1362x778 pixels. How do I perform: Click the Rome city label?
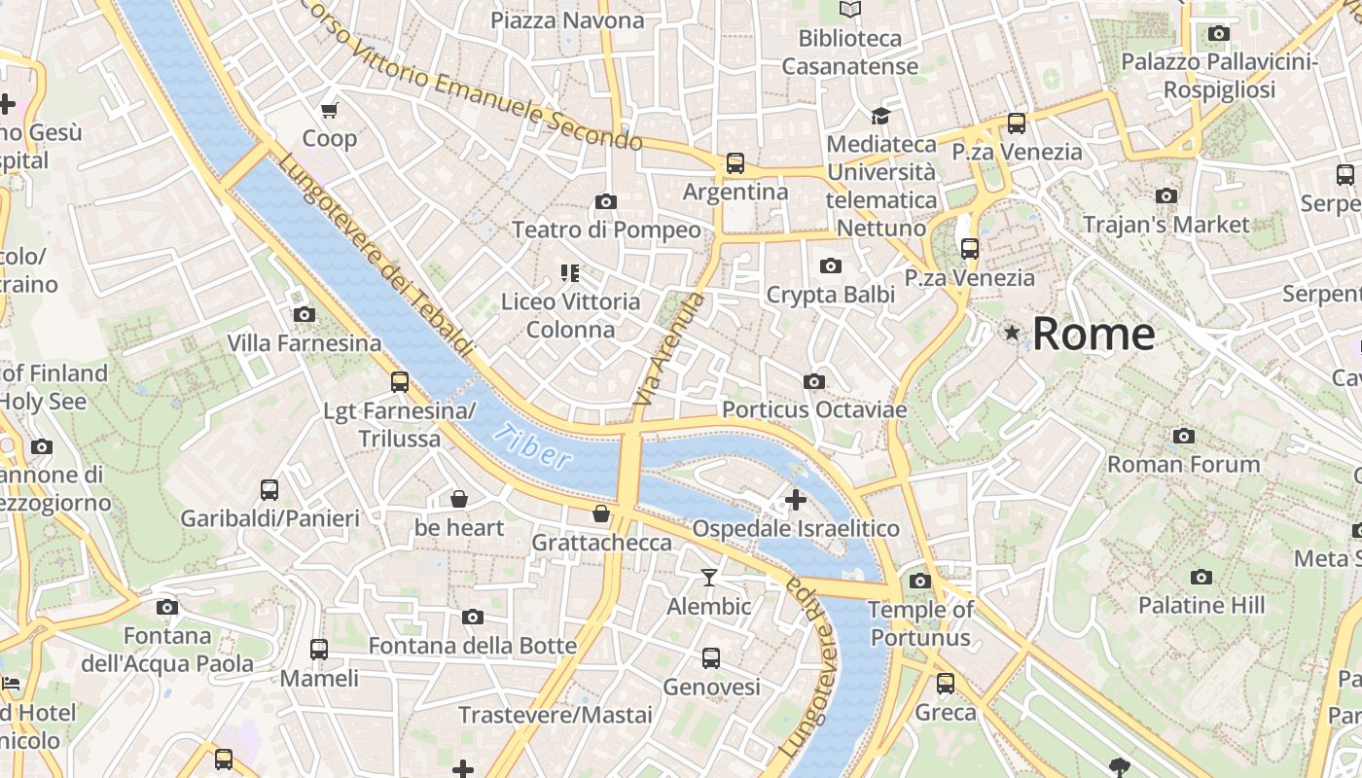point(1093,334)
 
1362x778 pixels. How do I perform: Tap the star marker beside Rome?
point(1013,334)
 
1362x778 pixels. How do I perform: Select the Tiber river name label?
point(531,446)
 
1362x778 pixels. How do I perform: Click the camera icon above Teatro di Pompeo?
point(606,201)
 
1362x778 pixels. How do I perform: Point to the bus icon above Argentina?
point(735,163)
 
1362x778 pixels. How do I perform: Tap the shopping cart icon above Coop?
point(329,110)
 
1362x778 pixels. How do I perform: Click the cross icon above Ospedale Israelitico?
point(796,500)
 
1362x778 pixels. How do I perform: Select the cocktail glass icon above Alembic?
point(709,578)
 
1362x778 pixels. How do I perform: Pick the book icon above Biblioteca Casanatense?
point(850,10)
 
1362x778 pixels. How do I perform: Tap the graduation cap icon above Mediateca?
point(880,116)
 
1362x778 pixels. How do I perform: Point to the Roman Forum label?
point(1183,464)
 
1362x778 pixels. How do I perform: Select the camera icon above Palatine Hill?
point(1201,577)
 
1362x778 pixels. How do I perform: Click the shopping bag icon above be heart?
point(459,500)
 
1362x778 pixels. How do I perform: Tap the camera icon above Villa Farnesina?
point(305,314)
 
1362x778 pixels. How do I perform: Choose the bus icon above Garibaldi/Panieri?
point(269,490)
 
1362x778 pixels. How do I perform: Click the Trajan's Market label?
point(1165,225)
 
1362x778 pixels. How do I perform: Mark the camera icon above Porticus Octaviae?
point(814,381)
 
